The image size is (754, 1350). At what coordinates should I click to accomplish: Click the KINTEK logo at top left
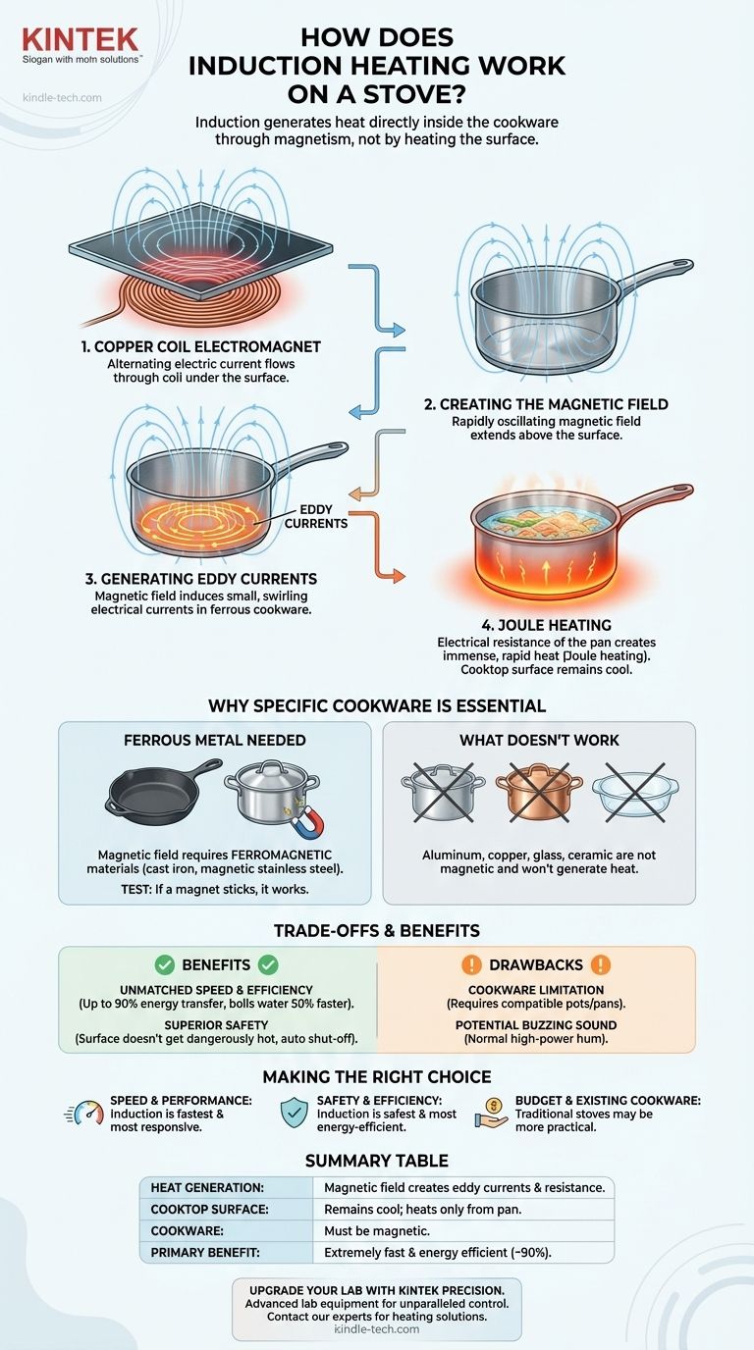point(81,41)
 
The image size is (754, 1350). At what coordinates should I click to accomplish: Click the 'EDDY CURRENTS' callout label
point(316,516)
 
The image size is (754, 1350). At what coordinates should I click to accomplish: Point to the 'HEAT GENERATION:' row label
point(208,1187)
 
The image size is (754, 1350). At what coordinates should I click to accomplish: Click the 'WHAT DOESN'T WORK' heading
point(538,740)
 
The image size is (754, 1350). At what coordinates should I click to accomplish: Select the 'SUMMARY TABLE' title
point(377,1161)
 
